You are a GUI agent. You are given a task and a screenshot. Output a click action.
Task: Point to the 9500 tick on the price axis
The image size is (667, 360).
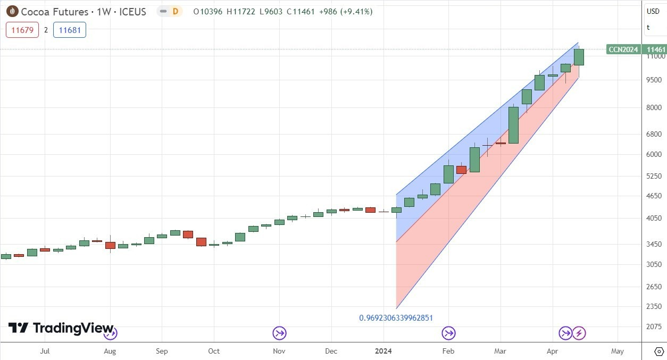click(654, 80)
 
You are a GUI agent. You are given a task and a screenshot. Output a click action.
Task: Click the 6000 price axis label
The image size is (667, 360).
click(654, 154)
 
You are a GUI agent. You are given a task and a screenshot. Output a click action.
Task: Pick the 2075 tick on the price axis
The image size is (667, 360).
click(654, 326)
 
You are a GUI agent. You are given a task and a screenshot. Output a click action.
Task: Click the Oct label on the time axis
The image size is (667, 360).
click(214, 351)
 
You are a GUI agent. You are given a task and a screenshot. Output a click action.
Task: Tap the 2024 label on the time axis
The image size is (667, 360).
click(384, 351)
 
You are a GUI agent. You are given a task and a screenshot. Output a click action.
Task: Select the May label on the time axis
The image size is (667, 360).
click(617, 351)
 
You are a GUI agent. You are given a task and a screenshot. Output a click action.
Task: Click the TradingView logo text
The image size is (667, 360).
click(73, 328)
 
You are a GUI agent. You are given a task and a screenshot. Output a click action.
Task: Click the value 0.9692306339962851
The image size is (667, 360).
click(396, 318)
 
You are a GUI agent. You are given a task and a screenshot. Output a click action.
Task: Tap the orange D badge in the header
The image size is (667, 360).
click(174, 11)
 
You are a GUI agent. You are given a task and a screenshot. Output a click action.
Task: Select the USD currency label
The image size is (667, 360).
click(653, 11)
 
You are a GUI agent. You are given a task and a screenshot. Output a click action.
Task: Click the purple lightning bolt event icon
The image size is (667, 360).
click(579, 333)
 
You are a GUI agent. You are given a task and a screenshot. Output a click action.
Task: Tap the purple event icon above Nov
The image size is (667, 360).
click(279, 333)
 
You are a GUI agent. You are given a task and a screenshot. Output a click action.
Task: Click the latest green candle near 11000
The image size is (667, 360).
click(579, 57)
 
